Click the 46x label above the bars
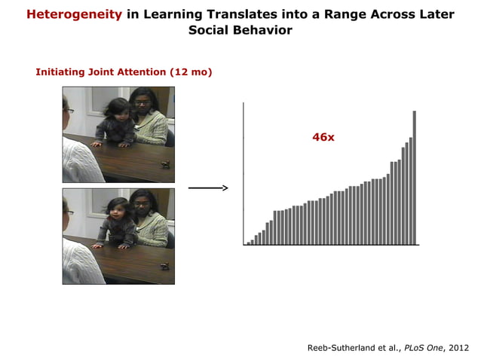(323, 137)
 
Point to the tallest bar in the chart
(414, 178)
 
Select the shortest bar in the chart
(248, 243)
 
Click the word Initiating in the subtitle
(61, 72)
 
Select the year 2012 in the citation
(457, 347)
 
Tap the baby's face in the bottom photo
(118, 209)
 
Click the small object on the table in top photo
(165, 163)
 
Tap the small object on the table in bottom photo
(165, 265)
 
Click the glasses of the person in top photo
(69, 111)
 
